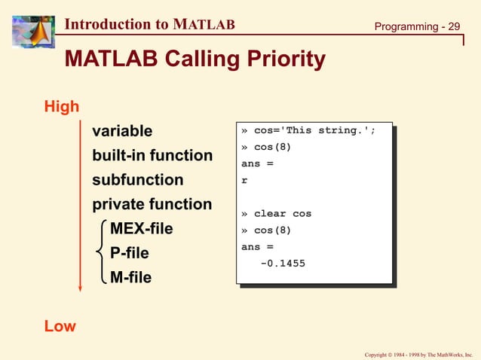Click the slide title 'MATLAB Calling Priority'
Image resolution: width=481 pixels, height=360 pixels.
(x=195, y=59)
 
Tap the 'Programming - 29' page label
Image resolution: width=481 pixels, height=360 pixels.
(x=417, y=27)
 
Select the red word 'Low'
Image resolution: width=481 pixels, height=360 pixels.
(x=60, y=326)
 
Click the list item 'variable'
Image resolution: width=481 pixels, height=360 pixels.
(x=122, y=132)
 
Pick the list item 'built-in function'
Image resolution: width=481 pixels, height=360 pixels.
(x=152, y=156)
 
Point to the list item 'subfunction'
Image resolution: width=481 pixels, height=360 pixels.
(x=137, y=180)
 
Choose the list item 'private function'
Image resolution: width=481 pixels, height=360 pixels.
(x=152, y=204)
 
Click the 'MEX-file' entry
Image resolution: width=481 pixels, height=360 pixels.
(x=141, y=228)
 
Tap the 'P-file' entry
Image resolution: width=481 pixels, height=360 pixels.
(x=130, y=253)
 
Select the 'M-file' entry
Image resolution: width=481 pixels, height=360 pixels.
(x=130, y=277)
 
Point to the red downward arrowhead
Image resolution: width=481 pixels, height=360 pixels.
(x=79, y=287)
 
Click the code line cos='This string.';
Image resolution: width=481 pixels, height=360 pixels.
(x=308, y=130)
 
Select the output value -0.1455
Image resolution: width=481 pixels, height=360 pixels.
(x=283, y=264)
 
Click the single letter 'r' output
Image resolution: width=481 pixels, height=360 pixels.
(x=244, y=181)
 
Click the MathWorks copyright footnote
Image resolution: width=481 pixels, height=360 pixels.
(x=418, y=354)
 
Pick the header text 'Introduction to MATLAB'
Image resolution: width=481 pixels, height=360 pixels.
(x=149, y=24)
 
